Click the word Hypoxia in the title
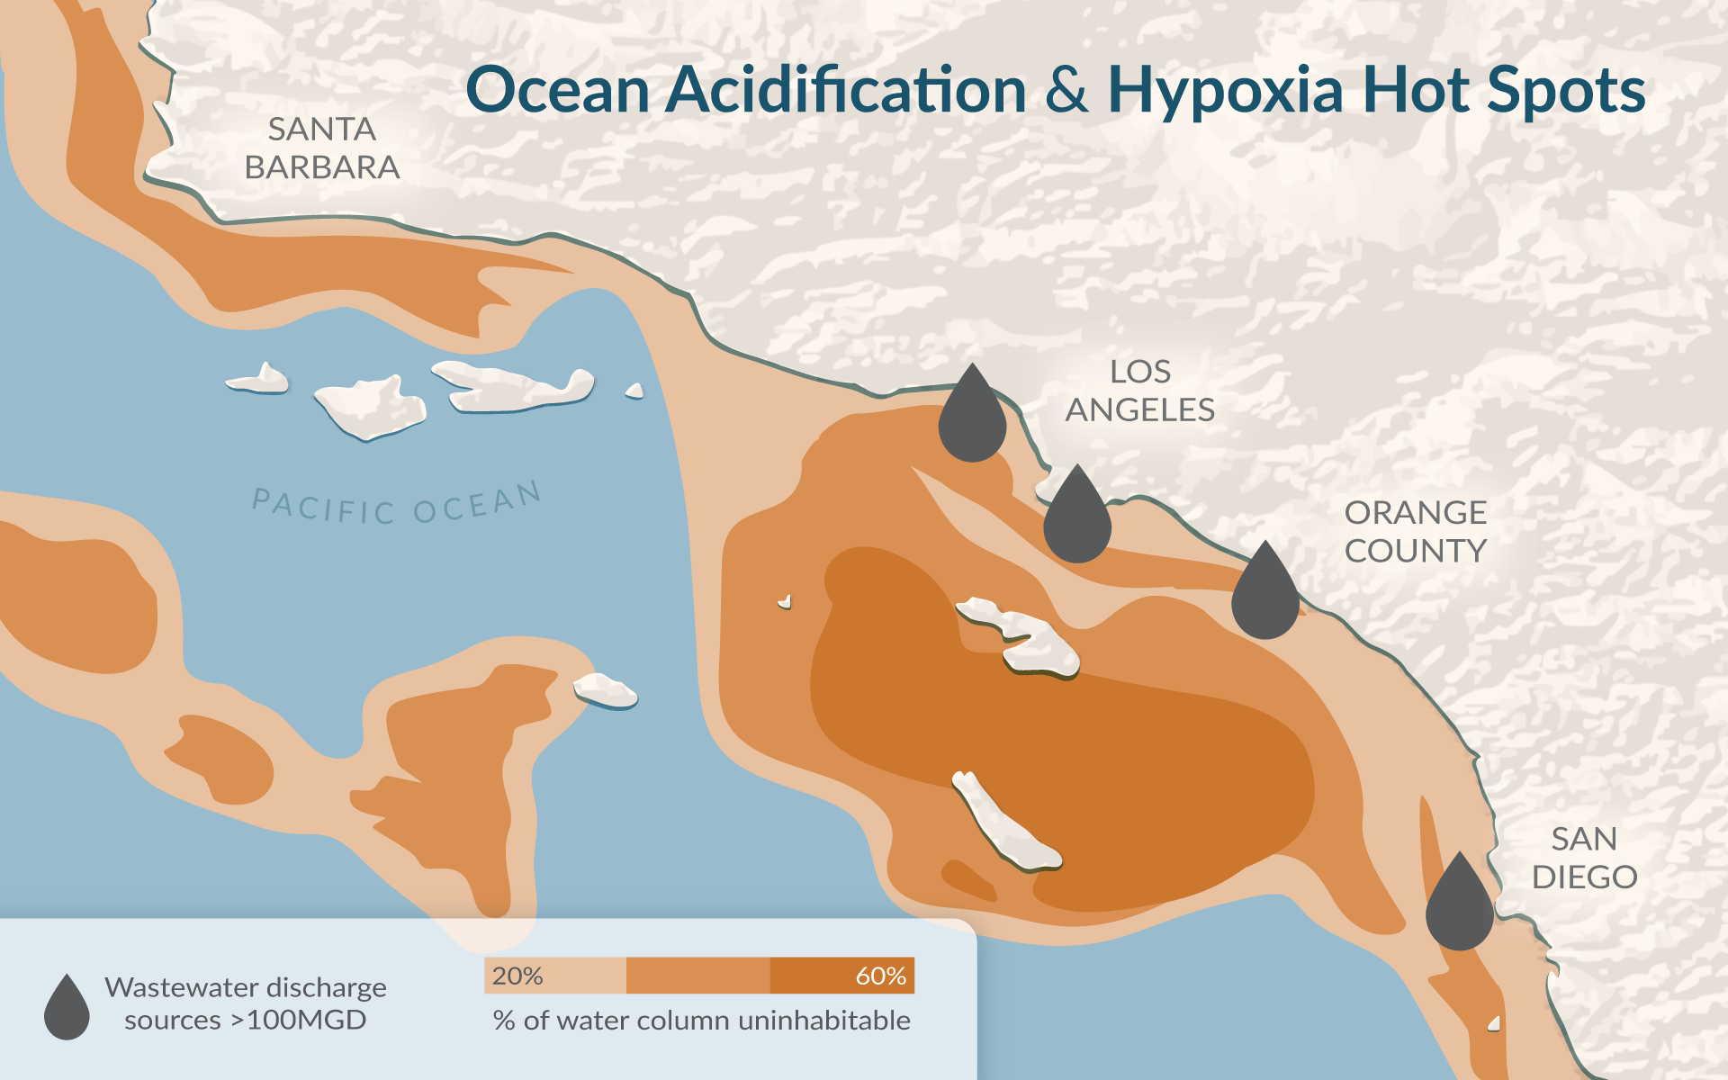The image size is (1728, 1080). tap(1226, 92)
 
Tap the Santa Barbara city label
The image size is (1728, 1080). tap(321, 148)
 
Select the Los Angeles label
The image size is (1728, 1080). tap(1139, 391)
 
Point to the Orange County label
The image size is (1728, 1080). tap(1415, 531)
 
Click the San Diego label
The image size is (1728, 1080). tap(1584, 858)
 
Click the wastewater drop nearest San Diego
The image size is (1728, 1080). tap(1459, 907)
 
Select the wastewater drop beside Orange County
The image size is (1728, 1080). tap(1264, 596)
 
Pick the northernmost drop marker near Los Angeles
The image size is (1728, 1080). tap(972, 419)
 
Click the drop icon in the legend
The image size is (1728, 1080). tap(67, 1010)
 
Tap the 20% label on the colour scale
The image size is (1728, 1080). tap(517, 976)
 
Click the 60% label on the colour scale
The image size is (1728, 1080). tap(880, 976)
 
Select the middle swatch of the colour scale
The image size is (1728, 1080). tap(697, 976)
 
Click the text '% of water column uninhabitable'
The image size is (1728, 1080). tap(702, 1021)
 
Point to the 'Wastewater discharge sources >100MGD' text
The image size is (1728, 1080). tap(245, 1003)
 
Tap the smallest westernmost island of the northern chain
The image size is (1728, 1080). tap(261, 380)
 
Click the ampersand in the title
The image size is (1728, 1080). tap(1066, 92)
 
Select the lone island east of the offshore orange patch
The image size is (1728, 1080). tap(605, 691)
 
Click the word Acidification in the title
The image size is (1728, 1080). tap(846, 92)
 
